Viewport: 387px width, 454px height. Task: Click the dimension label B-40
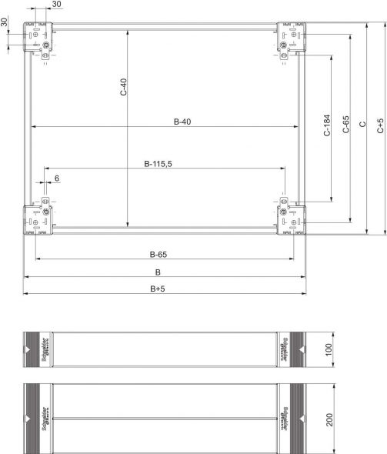(182, 121)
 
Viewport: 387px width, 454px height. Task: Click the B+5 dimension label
(158, 289)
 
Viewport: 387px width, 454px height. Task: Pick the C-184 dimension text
(326, 125)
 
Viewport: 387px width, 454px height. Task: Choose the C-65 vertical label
(345, 125)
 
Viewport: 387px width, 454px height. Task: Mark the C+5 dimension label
(380, 126)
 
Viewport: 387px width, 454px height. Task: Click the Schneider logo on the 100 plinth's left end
(45, 351)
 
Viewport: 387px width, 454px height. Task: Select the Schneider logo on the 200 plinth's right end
(285, 420)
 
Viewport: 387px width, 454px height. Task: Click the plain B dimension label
(158, 272)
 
